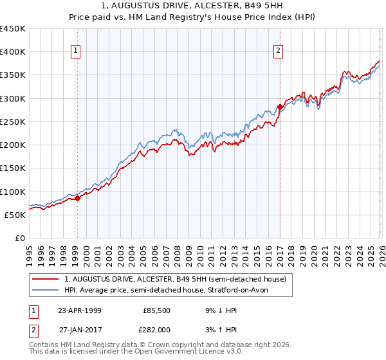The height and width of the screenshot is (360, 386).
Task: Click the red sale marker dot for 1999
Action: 78,198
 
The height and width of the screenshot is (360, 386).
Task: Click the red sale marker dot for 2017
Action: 280,107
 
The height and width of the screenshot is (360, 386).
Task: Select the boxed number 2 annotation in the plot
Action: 279,51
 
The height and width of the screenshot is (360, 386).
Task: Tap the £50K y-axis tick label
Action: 15,215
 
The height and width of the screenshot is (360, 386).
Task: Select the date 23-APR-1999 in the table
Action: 79,310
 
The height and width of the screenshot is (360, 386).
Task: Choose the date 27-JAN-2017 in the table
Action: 79,330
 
